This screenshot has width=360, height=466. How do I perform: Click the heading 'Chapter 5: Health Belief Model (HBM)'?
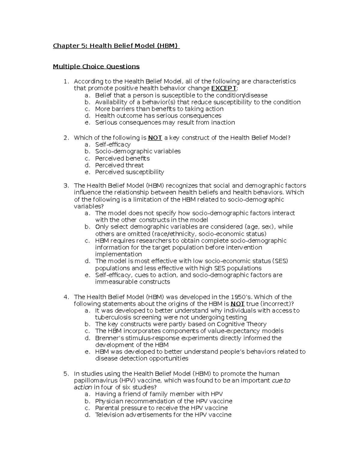116,46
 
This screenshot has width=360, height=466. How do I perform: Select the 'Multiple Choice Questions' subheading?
96,66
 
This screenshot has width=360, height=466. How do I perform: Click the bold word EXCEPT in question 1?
224,88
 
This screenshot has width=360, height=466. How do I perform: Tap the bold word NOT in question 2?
155,138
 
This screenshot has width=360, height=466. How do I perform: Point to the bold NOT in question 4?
237,304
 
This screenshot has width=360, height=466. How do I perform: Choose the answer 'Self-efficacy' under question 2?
113,144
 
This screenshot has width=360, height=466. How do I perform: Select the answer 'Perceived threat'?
119,165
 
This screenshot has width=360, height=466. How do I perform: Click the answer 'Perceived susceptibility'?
129,172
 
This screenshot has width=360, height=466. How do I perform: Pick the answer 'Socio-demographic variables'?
138,151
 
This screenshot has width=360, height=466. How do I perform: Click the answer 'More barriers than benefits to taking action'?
159,109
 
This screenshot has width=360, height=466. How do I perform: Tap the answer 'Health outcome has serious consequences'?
158,116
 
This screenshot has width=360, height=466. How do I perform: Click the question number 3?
66,186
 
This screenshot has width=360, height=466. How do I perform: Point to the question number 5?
66,374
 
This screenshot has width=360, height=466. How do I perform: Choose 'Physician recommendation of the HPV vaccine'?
163,401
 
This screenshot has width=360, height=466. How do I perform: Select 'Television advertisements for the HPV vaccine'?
163,415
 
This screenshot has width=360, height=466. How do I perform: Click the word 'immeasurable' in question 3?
114,282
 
